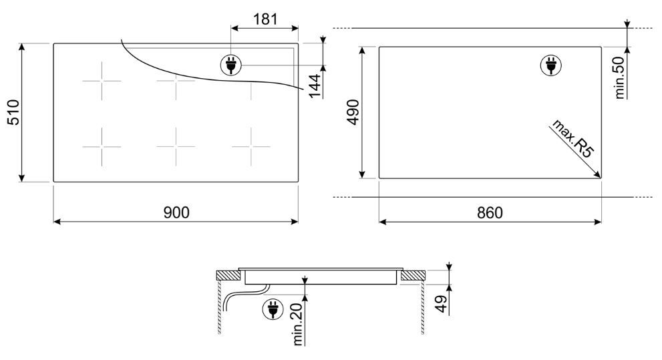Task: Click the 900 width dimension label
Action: click(176, 212)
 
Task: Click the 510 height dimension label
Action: click(13, 112)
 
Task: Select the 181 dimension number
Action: click(265, 19)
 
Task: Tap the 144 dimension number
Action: click(315, 86)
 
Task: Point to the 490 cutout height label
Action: click(353, 112)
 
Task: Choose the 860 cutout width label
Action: click(490, 212)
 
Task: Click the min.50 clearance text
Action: click(619, 77)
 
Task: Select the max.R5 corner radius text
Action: click(572, 138)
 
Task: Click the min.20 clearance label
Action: click(298, 324)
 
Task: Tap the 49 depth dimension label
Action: click(442, 304)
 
